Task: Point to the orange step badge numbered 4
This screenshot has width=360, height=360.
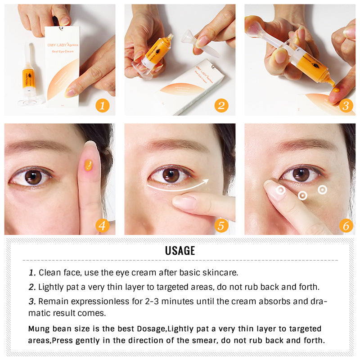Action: tap(102, 225)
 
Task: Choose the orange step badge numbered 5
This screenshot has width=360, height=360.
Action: tap(221, 225)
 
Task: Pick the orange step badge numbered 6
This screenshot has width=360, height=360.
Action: tap(346, 225)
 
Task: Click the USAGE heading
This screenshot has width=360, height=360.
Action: tap(180, 251)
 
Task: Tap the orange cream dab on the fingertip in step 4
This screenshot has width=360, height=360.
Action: tap(89, 165)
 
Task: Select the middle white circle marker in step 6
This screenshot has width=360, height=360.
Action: tap(303, 195)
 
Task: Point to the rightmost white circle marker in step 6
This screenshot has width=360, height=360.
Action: tap(322, 189)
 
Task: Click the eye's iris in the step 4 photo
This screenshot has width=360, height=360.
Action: tap(33, 176)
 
